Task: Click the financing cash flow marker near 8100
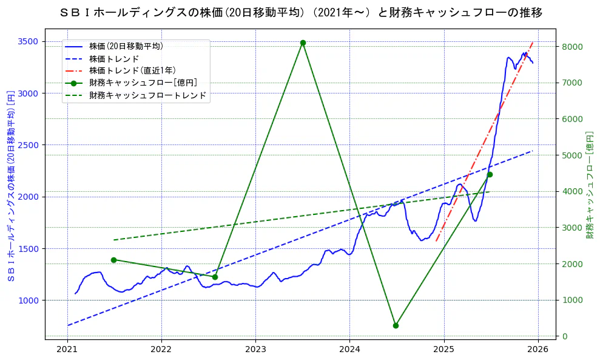coord(303,43)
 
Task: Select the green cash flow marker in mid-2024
coord(396,325)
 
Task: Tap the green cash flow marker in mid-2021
coord(113,260)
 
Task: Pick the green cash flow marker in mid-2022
coord(215,277)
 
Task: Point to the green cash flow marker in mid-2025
coord(490,174)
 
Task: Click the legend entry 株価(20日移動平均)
coord(126,46)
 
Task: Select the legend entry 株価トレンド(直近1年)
coord(132,70)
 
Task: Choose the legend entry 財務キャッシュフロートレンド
coord(147,95)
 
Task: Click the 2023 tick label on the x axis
coord(255,349)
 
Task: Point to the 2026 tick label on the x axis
coord(538,349)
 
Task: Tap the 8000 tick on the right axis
coord(573,47)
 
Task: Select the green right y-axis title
coord(590,184)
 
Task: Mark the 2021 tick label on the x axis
coord(67,349)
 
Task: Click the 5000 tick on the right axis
coord(573,155)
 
